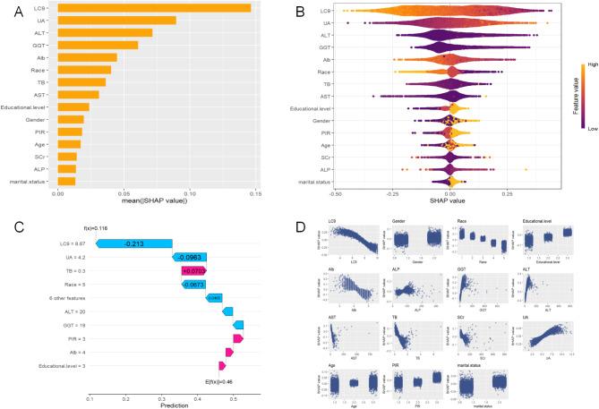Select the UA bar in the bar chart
(116, 21)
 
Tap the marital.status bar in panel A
(66, 181)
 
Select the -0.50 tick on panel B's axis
(335, 192)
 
